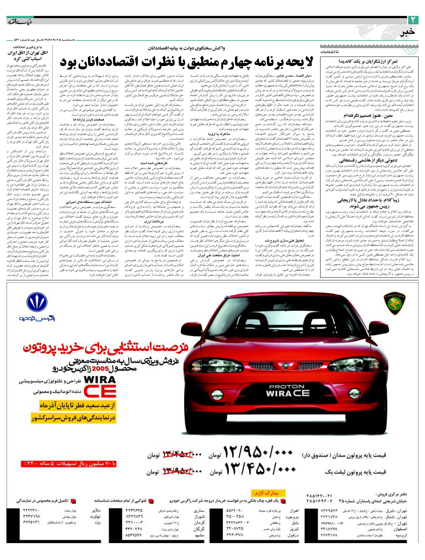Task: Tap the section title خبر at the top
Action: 407,32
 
